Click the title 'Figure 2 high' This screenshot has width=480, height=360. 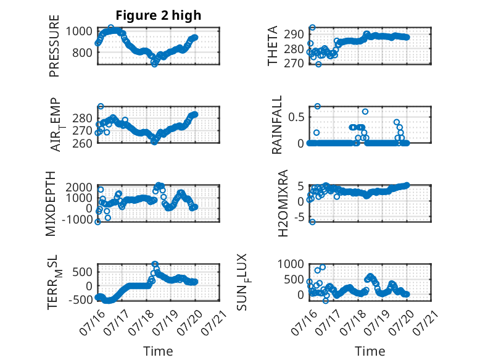click(x=159, y=15)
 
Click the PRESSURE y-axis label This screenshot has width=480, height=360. click(x=54, y=46)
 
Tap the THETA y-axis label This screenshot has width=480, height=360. click(x=272, y=46)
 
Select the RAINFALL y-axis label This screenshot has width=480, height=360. click(x=276, y=125)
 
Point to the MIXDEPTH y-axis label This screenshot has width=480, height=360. click(x=51, y=204)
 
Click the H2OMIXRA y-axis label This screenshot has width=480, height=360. click(x=283, y=203)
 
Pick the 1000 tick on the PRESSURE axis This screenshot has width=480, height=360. click(x=79, y=31)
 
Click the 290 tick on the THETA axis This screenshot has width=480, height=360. click(x=294, y=35)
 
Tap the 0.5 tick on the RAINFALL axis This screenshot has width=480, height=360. click(x=296, y=117)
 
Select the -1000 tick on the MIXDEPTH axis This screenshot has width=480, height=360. click(x=77, y=220)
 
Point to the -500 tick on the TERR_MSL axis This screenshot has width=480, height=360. click(x=80, y=299)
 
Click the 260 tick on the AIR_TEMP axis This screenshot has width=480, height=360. click(x=82, y=143)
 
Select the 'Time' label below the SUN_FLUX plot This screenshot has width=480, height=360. click(x=370, y=351)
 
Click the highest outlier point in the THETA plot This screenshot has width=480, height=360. click(x=312, y=28)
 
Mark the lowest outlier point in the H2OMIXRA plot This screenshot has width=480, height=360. click(x=312, y=222)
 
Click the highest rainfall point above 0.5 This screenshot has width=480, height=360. click(x=318, y=106)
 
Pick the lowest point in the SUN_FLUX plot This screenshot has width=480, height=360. click(x=325, y=301)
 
